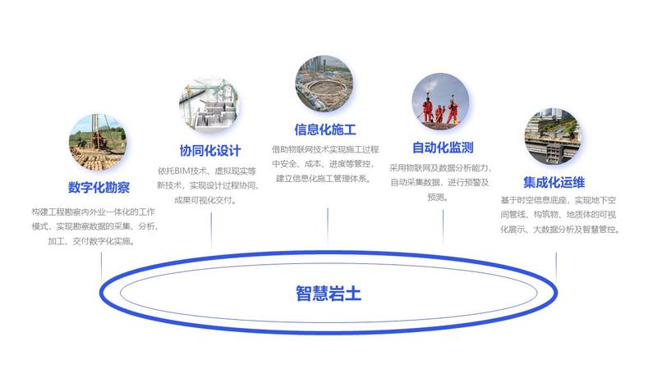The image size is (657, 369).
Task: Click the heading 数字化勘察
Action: pyautogui.click(x=99, y=187)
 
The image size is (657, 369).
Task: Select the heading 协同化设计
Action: pyautogui.click(x=210, y=151)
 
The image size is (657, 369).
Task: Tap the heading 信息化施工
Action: pyautogui.click(x=325, y=130)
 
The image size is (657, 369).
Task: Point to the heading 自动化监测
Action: pyautogui.click(x=443, y=148)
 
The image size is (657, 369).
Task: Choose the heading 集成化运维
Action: pyautogui.click(x=554, y=182)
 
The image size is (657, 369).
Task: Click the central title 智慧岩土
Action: pyautogui.click(x=328, y=294)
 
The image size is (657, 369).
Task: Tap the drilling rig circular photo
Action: pyautogui.click(x=98, y=142)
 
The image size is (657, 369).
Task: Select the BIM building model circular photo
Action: pyautogui.click(x=209, y=105)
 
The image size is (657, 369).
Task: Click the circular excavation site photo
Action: pyautogui.click(x=324, y=84)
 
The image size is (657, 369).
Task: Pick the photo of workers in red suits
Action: pyautogui.click(x=440, y=102)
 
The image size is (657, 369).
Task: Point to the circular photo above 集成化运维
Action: pyautogui.click(x=553, y=136)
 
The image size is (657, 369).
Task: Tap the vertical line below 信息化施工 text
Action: pyautogui.click(x=328, y=226)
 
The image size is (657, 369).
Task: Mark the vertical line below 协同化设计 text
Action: pyautogui.click(x=211, y=231)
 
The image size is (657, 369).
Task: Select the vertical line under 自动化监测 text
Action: pyautogui.click(x=443, y=228)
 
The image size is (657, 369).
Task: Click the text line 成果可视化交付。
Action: pyautogui.click(x=205, y=200)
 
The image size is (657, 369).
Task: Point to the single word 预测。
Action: pyautogui.click(x=438, y=197)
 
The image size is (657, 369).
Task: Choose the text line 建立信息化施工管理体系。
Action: pyautogui.click(x=324, y=179)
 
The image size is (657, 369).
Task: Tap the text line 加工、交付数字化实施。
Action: pyautogui.click(x=91, y=241)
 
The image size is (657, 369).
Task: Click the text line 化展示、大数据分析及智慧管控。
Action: pyautogui.click(x=560, y=230)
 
